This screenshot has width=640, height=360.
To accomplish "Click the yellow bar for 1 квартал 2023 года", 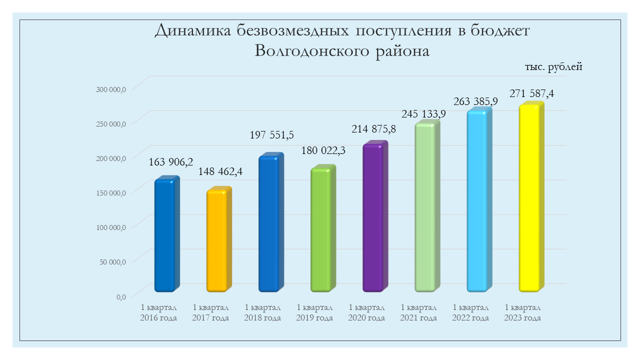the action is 531,196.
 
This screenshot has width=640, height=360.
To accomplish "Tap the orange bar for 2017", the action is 219,239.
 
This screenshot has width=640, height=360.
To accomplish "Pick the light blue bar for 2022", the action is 479,199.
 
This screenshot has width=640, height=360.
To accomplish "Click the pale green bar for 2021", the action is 427,205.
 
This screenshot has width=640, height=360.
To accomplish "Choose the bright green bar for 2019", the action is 323,228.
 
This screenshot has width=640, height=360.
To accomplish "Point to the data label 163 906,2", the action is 171,162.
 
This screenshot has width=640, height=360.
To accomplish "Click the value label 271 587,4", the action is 531,93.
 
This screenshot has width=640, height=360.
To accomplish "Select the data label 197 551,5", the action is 271,135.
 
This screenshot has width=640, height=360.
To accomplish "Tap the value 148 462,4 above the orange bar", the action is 220,171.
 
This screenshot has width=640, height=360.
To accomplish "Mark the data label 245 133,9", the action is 423,114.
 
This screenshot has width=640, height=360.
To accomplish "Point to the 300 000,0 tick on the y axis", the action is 111,89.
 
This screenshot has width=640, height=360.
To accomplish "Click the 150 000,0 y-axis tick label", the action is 111,193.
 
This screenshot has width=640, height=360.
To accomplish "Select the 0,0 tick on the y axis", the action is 121,297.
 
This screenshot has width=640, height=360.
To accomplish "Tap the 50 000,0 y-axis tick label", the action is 112,262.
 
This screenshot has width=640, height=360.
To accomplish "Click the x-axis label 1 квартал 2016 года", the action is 158,312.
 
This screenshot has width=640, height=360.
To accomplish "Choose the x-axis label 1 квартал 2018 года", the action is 262,312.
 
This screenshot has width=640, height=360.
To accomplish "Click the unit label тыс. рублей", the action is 553,66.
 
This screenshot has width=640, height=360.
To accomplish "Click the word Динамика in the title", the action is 193,30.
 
